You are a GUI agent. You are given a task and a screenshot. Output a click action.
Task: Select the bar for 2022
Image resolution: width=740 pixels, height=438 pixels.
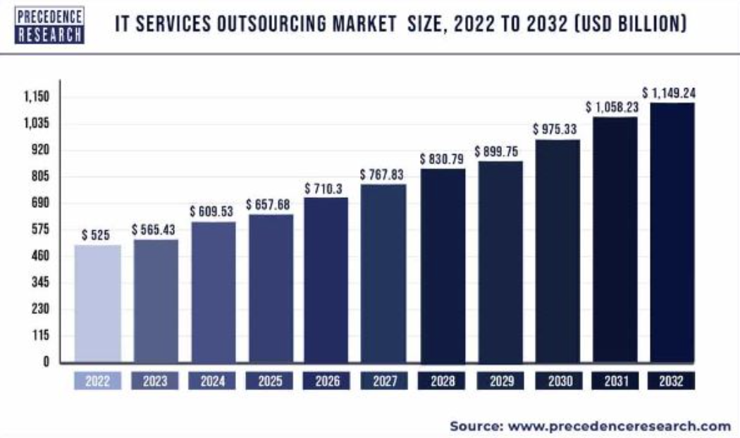97,304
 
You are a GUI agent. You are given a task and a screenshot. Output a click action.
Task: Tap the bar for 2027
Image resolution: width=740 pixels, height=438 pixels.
383,273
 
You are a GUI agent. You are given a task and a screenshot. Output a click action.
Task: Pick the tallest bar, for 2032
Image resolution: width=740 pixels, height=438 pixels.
672,232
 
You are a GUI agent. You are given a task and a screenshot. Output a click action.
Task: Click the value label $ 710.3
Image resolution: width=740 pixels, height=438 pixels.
326,189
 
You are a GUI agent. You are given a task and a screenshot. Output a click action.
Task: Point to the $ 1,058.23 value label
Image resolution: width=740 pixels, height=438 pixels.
614,107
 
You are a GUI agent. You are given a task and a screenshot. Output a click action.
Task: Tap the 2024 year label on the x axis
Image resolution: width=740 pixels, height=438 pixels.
212,381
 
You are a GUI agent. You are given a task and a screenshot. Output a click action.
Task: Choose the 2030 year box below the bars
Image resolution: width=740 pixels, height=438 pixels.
556,381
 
